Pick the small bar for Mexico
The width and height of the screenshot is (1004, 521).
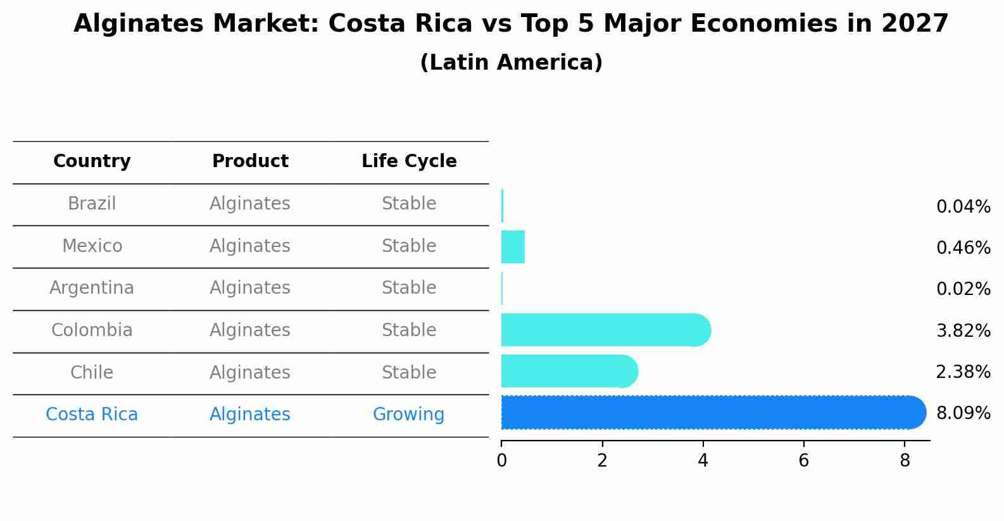coord(513,247)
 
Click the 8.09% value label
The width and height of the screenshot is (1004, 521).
coord(963,413)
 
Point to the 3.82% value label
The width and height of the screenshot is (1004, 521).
coord(963,330)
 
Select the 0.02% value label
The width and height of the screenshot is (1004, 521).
coord(963,289)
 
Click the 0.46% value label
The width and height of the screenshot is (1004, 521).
coord(963,248)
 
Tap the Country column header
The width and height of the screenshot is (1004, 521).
coord(92,161)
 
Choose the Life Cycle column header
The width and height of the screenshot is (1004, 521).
coord(409,161)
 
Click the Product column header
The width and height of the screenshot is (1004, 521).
coord(250,161)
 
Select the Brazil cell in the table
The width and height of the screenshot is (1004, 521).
coord(92,204)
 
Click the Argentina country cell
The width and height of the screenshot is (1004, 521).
coord(92,288)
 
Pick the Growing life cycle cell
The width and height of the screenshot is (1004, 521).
coord(408,415)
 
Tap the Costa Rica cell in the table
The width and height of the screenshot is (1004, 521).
coord(92,415)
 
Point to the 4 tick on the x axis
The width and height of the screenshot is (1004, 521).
coord(703,461)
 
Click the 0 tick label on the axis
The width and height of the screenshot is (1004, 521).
coord(501,461)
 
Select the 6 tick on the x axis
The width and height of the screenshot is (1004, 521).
coord(803,461)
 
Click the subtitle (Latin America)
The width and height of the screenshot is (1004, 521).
coord(511,63)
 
